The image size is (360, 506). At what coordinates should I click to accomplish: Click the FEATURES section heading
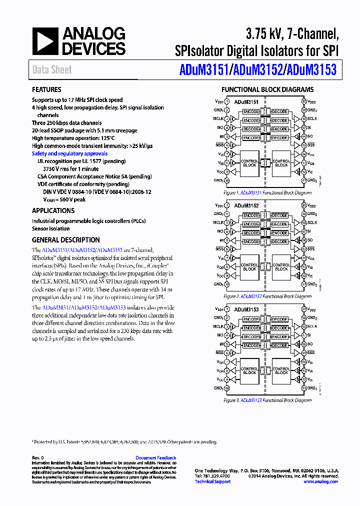pos(46,90)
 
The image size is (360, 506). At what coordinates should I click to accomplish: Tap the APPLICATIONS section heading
pos(53,211)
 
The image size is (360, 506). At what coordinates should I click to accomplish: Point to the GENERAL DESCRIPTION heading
pos(65,240)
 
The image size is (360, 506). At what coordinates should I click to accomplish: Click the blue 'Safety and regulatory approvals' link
pos(69,153)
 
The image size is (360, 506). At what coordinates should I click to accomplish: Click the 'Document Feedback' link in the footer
pos(155,457)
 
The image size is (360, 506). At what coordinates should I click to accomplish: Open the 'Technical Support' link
pos(212,481)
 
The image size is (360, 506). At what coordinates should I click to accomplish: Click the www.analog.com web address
pos(320,481)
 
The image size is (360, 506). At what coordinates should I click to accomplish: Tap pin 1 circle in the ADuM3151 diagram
pos(226,101)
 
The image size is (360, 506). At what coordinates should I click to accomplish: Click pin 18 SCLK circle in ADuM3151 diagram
pos(303,119)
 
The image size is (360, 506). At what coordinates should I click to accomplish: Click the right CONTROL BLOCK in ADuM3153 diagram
pos(281,370)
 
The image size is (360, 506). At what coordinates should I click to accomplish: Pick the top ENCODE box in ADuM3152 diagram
pos(251,215)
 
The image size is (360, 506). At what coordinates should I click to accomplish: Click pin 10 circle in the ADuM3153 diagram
pos(226,388)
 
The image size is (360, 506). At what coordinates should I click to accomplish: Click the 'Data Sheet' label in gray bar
pos(52,70)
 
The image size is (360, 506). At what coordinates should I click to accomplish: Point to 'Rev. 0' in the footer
pos(38,457)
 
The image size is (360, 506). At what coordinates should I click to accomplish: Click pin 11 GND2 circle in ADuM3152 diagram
pos(303,284)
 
